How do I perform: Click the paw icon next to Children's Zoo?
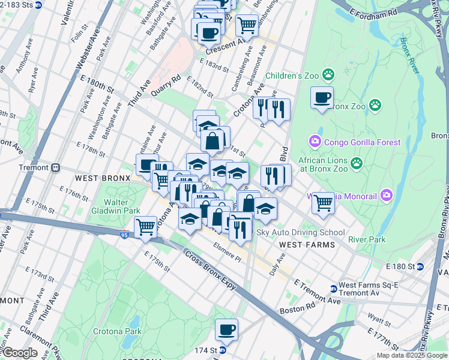coord(328,75)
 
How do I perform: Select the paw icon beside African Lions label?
coord(357,163)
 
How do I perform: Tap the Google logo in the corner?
coord(20,353)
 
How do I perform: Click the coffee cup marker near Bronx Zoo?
coord(322,97)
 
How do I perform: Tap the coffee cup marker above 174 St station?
coord(227,329)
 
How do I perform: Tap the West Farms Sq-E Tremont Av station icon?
coord(334,289)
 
